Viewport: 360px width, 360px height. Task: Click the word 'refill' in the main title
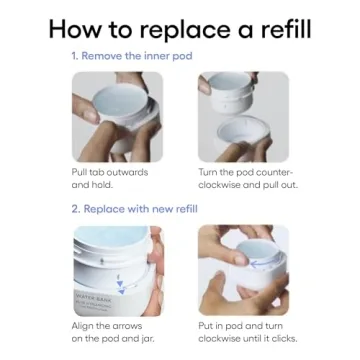tap(286, 29)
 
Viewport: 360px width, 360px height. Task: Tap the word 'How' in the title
tap(75, 29)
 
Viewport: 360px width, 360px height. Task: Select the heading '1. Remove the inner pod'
tap(132, 56)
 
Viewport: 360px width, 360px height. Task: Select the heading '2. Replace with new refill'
tap(135, 209)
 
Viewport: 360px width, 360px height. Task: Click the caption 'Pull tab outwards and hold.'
tap(110, 179)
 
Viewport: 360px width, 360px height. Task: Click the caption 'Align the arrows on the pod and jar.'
tap(113, 332)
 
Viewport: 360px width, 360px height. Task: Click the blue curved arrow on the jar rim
tap(260, 265)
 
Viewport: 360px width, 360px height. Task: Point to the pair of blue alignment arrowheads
tap(121, 287)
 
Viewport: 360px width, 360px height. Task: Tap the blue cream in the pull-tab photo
tap(120, 99)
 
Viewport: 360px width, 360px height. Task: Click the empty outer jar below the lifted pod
tap(244, 137)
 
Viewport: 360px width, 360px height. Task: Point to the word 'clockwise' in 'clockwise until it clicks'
tap(218, 338)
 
